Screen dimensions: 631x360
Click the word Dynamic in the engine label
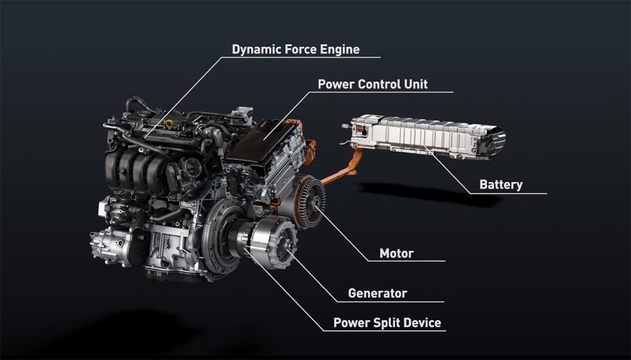click(256, 50)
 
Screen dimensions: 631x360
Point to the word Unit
click(416, 84)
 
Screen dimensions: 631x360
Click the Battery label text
click(501, 184)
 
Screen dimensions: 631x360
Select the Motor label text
click(396, 253)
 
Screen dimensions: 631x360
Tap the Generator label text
click(377, 293)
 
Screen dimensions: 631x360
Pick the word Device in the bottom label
click(422, 323)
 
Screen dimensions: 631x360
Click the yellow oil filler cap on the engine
click(169, 124)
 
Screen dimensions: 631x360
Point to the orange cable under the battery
click(342, 169)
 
